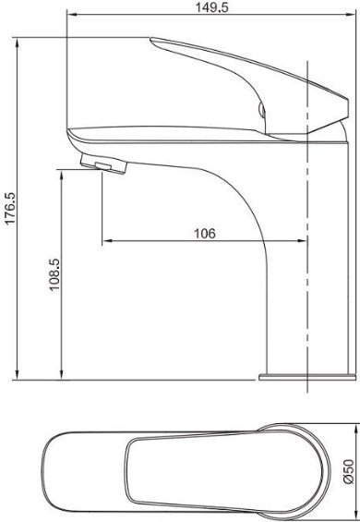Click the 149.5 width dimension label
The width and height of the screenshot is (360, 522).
tap(211, 7)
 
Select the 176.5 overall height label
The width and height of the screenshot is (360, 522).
tap(10, 208)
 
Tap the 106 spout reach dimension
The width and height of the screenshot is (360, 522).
tap(205, 234)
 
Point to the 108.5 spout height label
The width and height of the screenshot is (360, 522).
tap(54, 275)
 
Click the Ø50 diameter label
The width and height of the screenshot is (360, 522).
tap(349, 471)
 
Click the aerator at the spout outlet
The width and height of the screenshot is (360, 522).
tap(103, 164)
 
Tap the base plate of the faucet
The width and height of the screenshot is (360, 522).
tap(307, 377)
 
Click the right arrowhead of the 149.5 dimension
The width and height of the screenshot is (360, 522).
tap(351, 14)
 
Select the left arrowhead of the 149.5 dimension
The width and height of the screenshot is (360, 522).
tap(72, 14)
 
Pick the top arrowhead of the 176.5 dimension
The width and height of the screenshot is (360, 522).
tap(17, 42)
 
